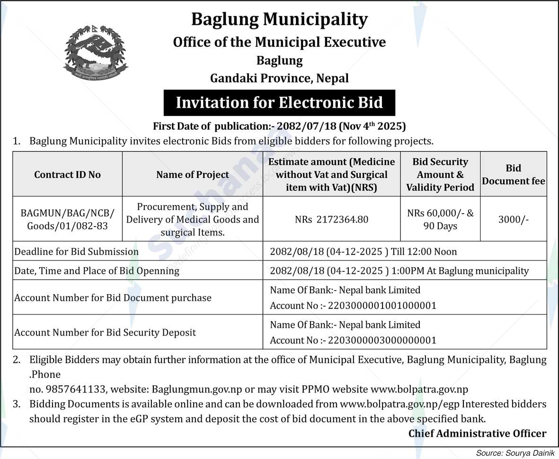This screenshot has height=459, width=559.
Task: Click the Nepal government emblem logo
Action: coord(95,53)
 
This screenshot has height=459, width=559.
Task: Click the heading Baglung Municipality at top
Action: coord(279,19)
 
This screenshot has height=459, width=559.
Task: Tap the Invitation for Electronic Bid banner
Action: coord(279,102)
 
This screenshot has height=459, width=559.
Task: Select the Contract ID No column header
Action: coord(67,174)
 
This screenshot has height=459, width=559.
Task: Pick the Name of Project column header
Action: coord(193,174)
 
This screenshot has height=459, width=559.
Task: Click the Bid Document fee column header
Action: coord(513,174)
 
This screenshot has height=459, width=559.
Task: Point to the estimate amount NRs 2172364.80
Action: coord(331,219)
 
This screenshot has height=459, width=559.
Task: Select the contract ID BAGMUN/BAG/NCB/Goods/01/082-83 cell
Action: coord(67,219)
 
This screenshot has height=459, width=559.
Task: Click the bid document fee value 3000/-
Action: coord(514,219)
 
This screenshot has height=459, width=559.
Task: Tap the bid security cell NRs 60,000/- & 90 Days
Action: coord(440,219)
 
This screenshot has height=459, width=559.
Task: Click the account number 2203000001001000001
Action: coord(382,306)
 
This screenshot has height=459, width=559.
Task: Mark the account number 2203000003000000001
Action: coord(382,341)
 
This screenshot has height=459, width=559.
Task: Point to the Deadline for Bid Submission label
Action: coord(77,252)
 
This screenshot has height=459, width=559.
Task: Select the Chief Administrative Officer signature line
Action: coord(477,433)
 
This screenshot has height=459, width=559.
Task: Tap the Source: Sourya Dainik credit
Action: coord(515,453)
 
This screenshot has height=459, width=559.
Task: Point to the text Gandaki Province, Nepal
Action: coord(279,78)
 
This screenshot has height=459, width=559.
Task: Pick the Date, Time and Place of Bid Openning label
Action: coord(97,271)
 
